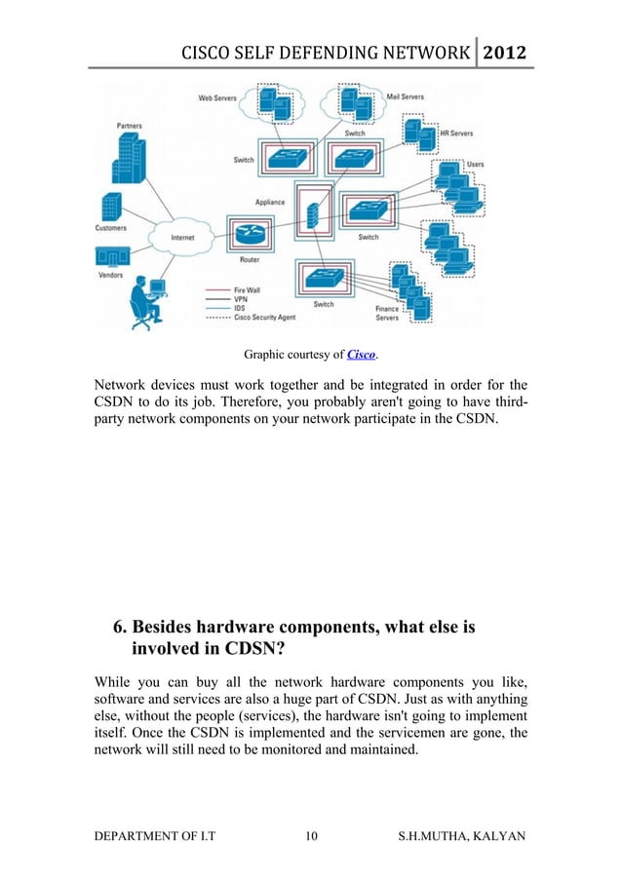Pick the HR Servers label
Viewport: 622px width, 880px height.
(x=457, y=134)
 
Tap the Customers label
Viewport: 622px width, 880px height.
(x=111, y=228)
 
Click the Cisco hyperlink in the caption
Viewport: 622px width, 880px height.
(x=361, y=354)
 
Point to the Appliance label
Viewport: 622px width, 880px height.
(x=270, y=203)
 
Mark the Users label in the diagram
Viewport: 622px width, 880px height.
(x=475, y=165)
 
